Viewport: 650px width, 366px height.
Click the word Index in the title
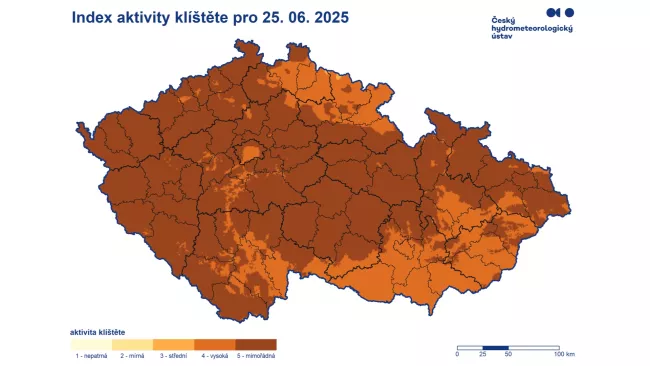pyautogui.click(x=95, y=18)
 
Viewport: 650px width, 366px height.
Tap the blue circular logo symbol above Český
pyautogui.click(x=560, y=12)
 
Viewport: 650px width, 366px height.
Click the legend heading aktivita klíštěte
pyautogui.click(x=97, y=331)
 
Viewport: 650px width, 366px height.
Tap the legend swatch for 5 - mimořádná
pyautogui.click(x=256, y=344)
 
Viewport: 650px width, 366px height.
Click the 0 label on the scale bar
pyautogui.click(x=457, y=355)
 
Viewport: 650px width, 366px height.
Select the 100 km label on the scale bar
pyautogui.click(x=564, y=355)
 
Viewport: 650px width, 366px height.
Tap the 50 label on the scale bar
pyautogui.click(x=509, y=355)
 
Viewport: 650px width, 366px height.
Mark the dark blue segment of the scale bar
pyautogui.click(x=496, y=347)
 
